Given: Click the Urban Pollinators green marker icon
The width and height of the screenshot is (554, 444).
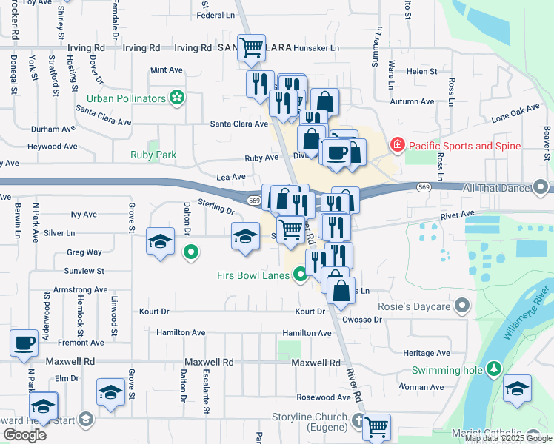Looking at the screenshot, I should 176,97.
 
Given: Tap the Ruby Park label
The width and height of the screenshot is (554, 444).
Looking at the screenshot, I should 153,155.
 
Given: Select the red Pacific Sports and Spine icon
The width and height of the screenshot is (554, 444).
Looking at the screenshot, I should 398,145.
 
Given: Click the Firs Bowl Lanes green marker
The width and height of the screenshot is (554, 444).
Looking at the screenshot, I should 300,276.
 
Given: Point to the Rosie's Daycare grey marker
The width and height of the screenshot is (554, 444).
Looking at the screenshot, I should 463,305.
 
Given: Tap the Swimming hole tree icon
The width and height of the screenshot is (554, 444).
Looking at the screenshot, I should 494,368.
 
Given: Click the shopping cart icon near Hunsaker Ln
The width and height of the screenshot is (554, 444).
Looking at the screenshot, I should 251,48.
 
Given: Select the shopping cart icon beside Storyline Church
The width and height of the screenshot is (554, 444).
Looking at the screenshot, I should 376,427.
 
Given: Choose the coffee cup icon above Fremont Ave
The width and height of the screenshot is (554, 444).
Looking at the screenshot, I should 24,343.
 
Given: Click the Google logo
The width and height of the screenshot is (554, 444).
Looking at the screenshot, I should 24,434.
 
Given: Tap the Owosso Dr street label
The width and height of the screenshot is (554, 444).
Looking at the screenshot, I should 363,320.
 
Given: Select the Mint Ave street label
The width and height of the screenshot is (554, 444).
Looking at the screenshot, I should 166,70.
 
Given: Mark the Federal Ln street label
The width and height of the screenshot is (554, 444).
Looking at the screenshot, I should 216,15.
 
